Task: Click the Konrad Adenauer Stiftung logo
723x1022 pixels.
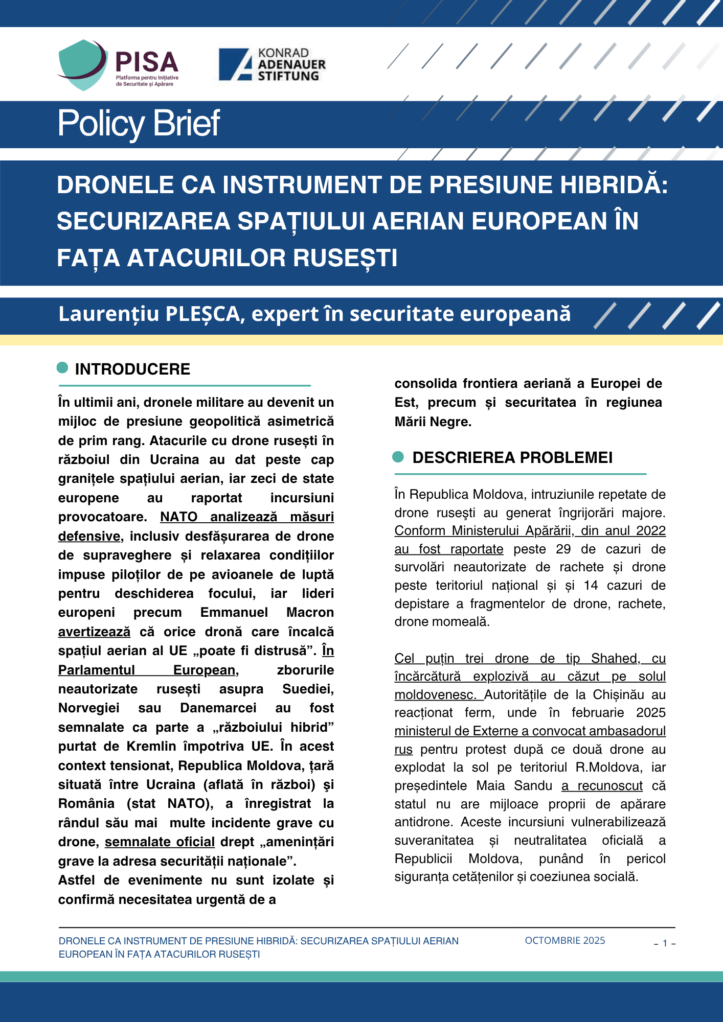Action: click(272, 64)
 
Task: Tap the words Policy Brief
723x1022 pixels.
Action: click(139, 123)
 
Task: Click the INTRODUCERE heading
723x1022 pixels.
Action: click(132, 369)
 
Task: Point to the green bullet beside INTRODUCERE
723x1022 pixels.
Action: click(62, 367)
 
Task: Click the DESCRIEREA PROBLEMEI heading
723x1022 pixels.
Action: click(512, 457)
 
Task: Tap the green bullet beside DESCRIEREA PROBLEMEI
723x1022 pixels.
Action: click(398, 457)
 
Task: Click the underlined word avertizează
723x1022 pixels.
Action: click(94, 632)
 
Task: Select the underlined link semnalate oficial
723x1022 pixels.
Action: click(160, 842)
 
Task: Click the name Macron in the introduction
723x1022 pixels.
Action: click(310, 613)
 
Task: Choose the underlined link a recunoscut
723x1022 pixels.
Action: click(602, 786)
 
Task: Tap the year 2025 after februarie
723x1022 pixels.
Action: click(650, 713)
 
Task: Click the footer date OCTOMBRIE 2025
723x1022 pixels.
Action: click(564, 941)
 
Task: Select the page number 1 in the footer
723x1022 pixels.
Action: click(665, 943)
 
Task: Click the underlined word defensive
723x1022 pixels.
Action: click(89, 537)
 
